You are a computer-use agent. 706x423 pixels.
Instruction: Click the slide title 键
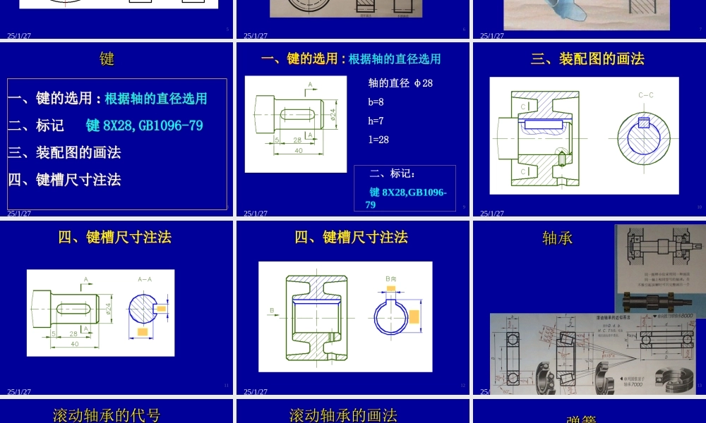107,59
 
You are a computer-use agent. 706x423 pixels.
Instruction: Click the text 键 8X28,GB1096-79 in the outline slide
144,125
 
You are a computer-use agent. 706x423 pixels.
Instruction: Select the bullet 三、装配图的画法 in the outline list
64,152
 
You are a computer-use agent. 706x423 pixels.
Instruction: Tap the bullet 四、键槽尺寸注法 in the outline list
64,180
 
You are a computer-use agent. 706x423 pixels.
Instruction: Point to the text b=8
376,102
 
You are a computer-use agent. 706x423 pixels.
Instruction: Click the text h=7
376,121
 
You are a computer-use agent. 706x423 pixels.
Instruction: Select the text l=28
379,140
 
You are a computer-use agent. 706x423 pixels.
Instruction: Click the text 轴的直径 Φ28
400,83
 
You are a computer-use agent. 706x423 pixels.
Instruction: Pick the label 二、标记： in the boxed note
393,173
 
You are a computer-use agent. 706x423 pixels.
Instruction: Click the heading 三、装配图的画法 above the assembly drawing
587,59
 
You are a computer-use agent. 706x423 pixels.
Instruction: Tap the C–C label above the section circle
645,94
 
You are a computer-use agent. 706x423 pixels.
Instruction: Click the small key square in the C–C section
643,123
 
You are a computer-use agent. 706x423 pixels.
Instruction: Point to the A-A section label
145,279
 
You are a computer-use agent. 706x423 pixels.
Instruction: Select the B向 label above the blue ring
391,280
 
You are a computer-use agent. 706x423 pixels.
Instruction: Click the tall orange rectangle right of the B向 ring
414,319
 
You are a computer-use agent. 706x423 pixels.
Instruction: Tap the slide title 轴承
557,238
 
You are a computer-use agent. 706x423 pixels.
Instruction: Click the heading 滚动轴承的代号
107,415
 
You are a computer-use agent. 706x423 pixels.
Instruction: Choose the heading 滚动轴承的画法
343,415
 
